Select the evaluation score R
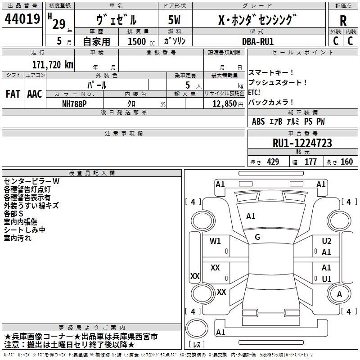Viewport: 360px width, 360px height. [x=343, y=20]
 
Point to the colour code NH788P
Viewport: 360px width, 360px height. [x=75, y=103]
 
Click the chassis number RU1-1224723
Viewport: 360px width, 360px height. [x=302, y=143]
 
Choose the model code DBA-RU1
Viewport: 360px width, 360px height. [x=258, y=41]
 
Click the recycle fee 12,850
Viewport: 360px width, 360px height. [x=224, y=103]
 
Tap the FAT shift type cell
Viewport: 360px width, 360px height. [x=13, y=94]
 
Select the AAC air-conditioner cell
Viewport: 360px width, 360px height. [x=35, y=94]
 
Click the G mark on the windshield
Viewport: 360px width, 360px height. [x=257, y=237]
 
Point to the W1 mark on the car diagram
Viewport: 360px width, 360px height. [x=216, y=241]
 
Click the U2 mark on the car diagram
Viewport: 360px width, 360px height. [x=327, y=241]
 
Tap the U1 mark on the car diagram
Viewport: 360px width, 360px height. [x=327, y=279]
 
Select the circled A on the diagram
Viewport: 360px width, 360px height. [x=339, y=294]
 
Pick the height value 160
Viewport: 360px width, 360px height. [x=347, y=162]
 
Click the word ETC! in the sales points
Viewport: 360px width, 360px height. [x=255, y=92]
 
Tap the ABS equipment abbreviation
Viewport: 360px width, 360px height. [x=258, y=121]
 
